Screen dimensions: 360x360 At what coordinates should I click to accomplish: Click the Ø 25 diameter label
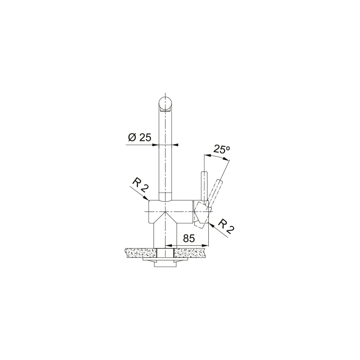coord(139,138)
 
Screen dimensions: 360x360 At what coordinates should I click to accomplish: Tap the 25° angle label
coord(221,149)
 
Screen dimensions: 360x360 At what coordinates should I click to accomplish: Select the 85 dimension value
coord(189,238)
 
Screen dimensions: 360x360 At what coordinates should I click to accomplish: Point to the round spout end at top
coord(165,103)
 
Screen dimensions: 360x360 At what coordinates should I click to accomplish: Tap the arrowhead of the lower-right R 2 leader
coord(211,226)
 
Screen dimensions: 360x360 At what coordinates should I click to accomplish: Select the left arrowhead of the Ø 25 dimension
coord(156,145)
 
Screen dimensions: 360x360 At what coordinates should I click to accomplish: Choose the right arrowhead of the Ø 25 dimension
coord(175,145)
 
